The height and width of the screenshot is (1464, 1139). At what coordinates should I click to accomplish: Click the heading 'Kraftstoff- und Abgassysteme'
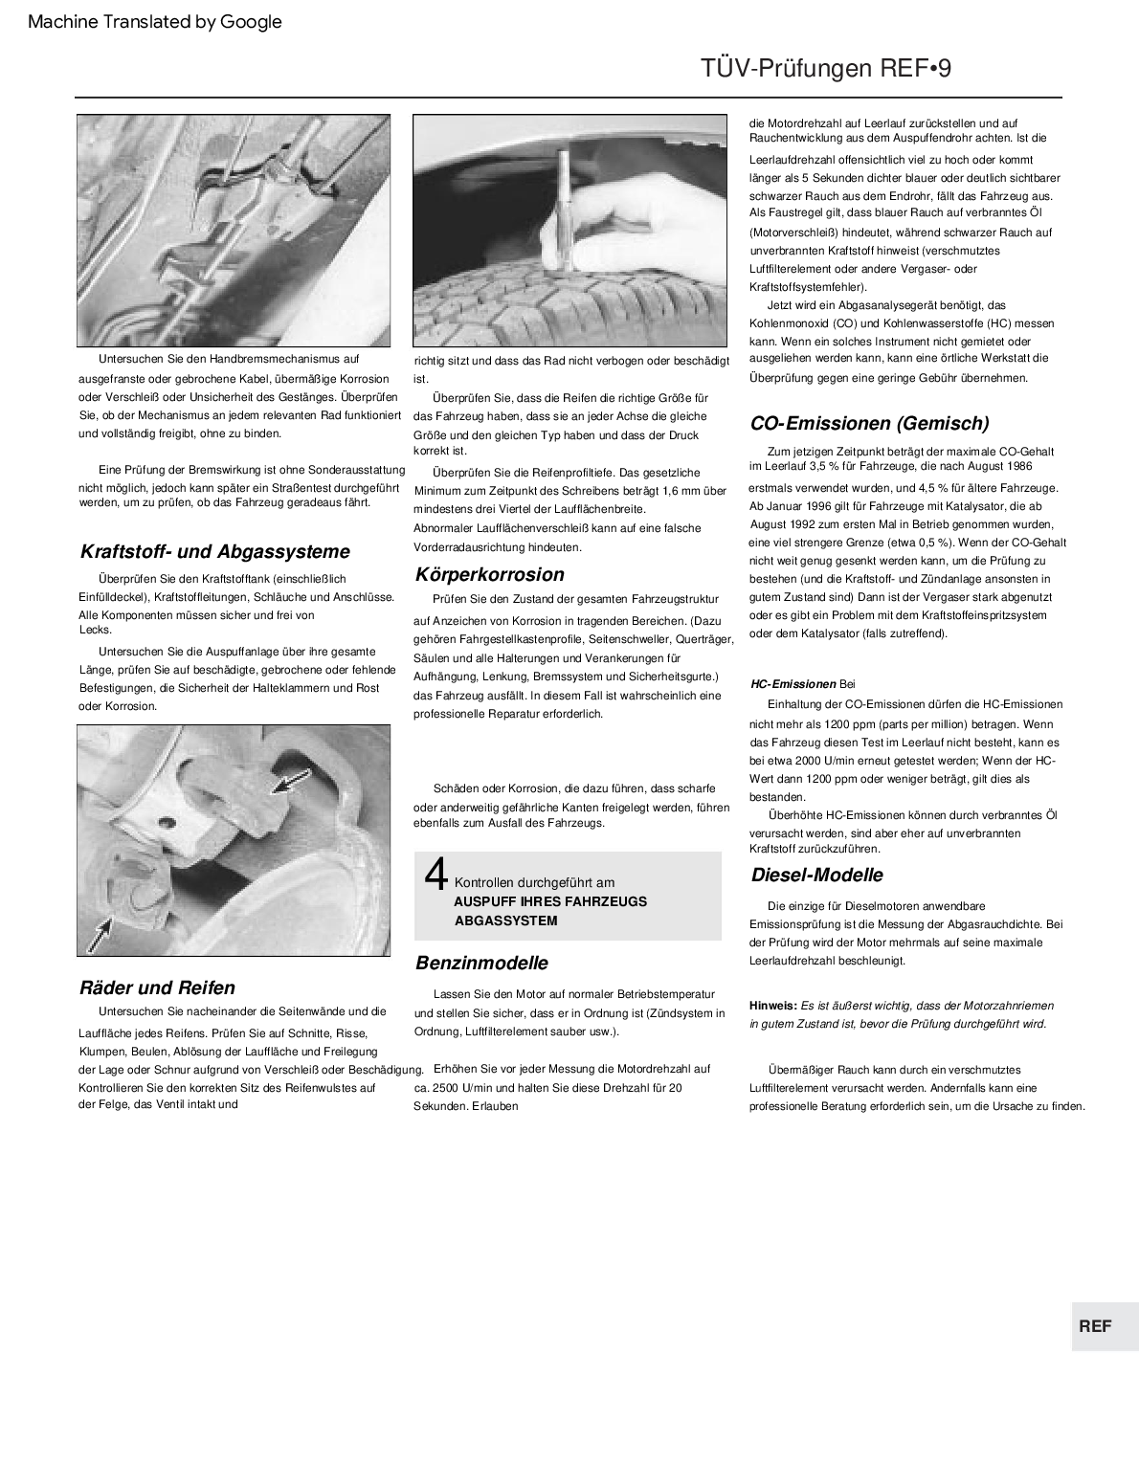pyautogui.click(x=214, y=552)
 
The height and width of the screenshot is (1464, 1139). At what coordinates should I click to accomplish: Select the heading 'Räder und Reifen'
pyautogui.click(x=157, y=988)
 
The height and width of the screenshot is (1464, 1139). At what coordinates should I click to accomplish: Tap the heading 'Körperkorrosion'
pyautogui.click(x=489, y=575)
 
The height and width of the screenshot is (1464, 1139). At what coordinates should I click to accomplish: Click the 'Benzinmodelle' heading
pyautogui.click(x=481, y=964)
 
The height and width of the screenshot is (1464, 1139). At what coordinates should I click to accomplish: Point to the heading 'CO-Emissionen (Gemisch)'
pyautogui.click(x=869, y=424)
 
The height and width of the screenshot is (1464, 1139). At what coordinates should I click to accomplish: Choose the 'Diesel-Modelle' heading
pyautogui.click(x=816, y=876)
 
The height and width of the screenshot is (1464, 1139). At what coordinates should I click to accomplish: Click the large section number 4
pyautogui.click(x=435, y=874)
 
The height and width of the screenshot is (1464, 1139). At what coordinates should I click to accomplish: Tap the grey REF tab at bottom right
pyautogui.click(x=1095, y=1326)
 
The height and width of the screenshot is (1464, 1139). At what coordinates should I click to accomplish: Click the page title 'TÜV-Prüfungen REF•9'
pyautogui.click(x=825, y=69)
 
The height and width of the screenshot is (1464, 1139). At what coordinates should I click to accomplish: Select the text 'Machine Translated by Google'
pyautogui.click(x=155, y=22)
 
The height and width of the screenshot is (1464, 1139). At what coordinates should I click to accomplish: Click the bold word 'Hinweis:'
pyautogui.click(x=773, y=1006)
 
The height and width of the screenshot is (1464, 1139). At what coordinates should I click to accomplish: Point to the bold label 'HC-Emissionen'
pyautogui.click(x=793, y=684)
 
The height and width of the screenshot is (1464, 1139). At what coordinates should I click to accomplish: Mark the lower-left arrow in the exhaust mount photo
pyautogui.click(x=99, y=933)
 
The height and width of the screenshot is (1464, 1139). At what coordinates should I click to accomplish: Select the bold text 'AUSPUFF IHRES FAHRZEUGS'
pyautogui.click(x=550, y=901)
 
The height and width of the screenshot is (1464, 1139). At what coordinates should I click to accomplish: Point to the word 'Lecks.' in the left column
pyautogui.click(x=96, y=630)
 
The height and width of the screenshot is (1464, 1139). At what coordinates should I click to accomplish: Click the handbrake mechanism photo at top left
pyautogui.click(x=234, y=231)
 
